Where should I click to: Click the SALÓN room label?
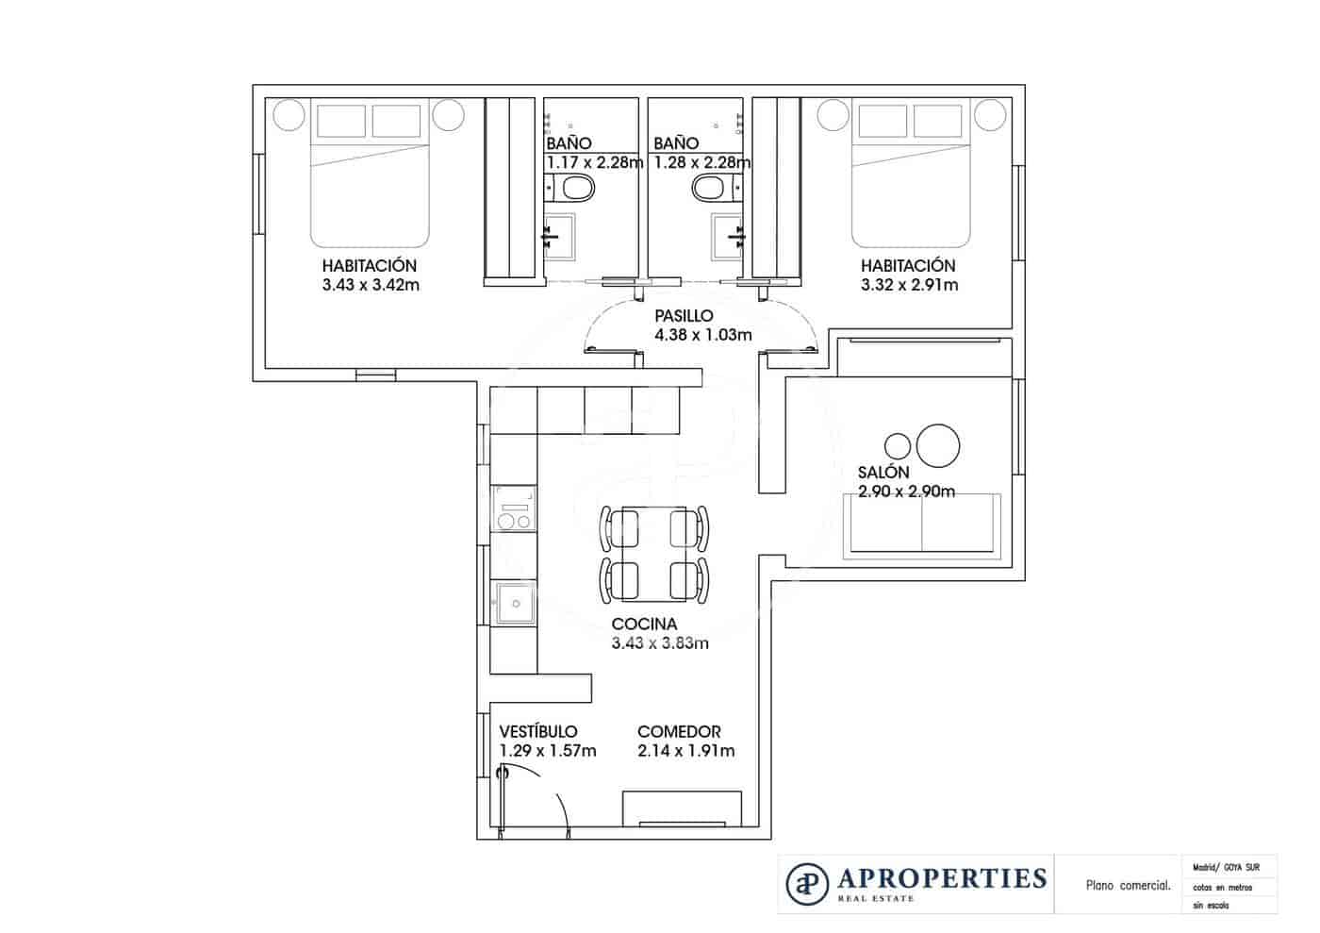(883, 473)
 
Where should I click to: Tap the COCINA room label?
(644, 624)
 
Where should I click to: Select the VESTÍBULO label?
(537, 731)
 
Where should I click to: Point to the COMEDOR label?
(679, 731)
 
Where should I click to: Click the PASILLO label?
(684, 316)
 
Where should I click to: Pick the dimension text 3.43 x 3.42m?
(370, 284)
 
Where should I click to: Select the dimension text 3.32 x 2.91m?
(909, 284)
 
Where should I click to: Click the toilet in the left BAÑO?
(576, 191)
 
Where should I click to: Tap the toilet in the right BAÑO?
(710, 191)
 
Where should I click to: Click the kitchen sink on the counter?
(513, 604)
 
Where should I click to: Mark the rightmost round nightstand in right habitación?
(990, 115)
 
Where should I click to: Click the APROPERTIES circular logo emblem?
(807, 882)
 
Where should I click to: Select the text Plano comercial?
(1128, 885)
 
